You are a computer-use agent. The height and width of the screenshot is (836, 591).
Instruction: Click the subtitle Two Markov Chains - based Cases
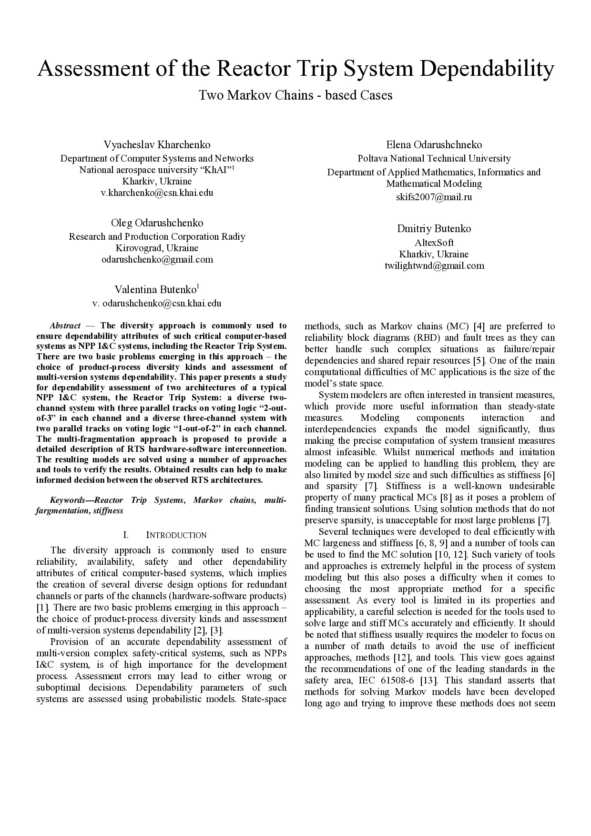point(295,95)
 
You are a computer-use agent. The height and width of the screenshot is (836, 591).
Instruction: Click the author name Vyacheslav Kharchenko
point(157,145)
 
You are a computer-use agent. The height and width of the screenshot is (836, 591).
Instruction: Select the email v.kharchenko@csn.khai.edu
point(157,193)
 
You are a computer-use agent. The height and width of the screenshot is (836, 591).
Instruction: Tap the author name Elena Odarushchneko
point(434,145)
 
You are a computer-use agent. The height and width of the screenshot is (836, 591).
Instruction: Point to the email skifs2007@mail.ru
point(434,197)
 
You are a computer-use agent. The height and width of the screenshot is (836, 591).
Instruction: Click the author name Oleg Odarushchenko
point(157,223)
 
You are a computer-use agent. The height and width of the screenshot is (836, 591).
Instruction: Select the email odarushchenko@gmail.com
point(157,260)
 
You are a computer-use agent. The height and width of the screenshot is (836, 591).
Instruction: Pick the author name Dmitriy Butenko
point(434,229)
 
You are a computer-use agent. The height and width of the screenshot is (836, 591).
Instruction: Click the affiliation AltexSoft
point(434,243)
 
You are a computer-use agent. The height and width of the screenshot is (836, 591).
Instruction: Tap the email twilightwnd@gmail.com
point(434,266)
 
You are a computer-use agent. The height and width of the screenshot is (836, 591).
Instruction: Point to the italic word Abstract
point(65,326)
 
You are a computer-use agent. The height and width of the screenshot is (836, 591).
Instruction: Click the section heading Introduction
point(176,535)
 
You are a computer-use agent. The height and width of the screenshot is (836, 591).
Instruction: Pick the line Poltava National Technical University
point(434,159)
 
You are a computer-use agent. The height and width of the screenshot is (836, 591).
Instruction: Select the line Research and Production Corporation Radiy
point(157,237)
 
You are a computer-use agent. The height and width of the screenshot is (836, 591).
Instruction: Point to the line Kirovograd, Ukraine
point(157,248)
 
